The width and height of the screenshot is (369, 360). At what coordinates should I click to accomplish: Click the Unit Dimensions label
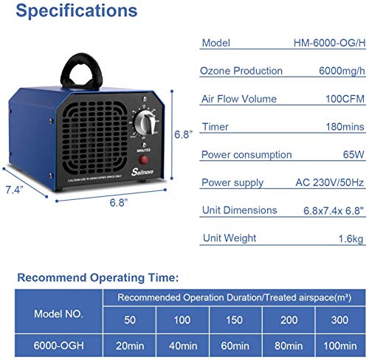[x=239, y=211]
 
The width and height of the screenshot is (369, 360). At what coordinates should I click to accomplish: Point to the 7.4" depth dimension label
[x=13, y=190]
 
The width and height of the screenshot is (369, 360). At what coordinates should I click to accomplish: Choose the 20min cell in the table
[x=130, y=345]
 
